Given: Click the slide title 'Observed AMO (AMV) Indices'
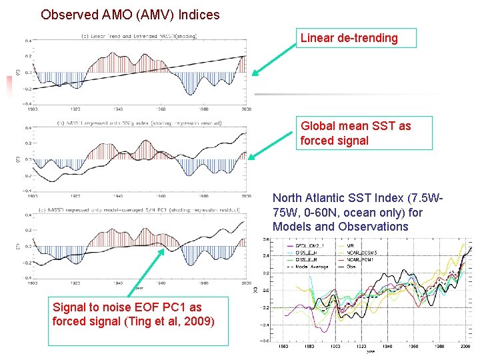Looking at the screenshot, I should [130, 14].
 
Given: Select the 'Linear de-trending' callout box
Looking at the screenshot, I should [357, 38].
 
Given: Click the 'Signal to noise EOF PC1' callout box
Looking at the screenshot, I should [137, 314].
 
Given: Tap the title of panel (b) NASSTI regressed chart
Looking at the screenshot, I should [139, 123].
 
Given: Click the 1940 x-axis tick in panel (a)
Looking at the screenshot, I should [118, 109].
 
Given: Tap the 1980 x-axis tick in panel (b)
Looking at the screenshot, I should [203, 197].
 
